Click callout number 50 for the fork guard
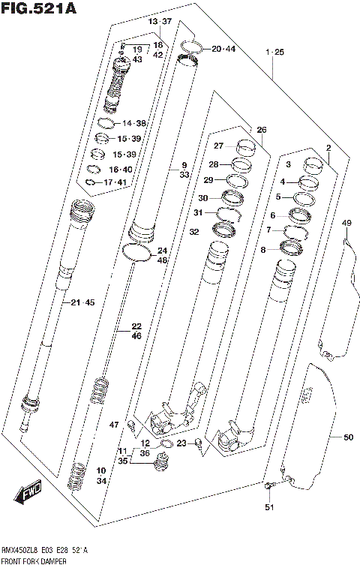[x=347, y=437]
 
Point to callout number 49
[x=346, y=223]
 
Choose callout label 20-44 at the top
[x=223, y=49]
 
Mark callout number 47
[x=114, y=425]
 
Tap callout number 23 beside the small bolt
[x=181, y=443]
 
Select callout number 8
[x=263, y=250]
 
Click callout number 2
[x=328, y=148]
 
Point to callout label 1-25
[x=274, y=52]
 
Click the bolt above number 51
[x=269, y=488]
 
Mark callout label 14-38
[x=133, y=122]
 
